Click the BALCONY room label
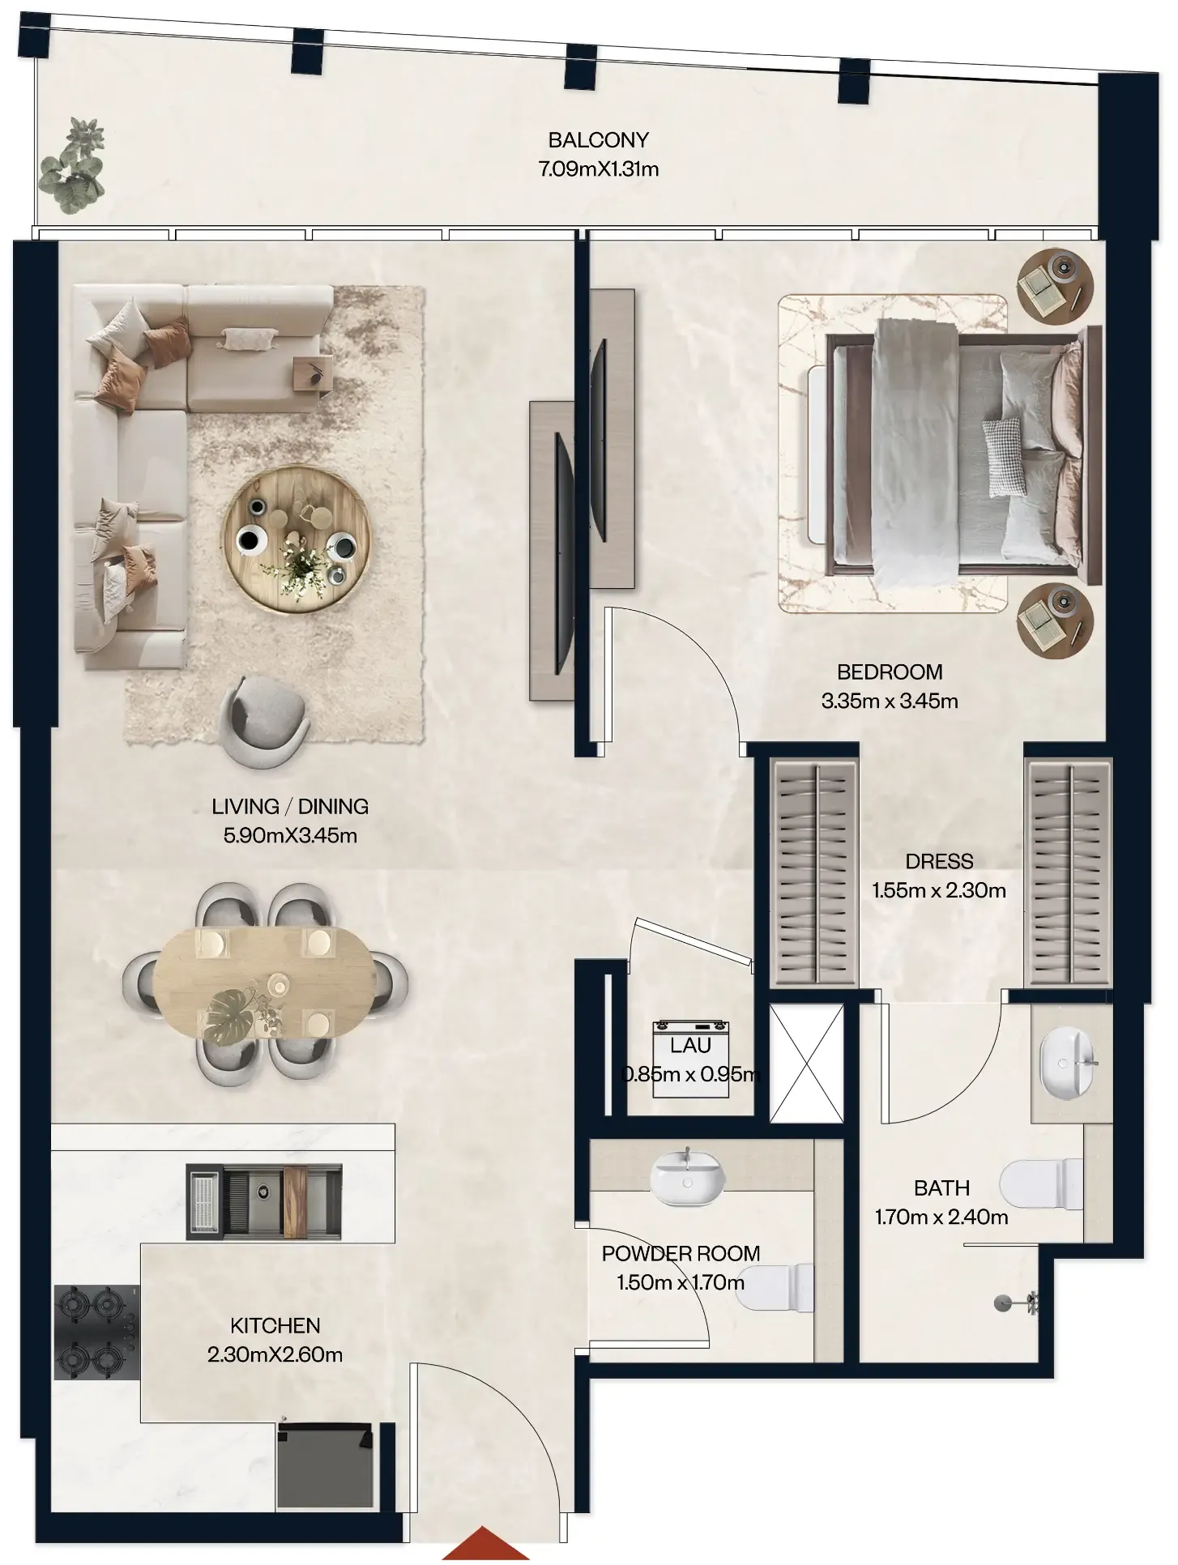click(598, 140)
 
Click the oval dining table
click(266, 982)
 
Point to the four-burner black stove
click(96, 1332)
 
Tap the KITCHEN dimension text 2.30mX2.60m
click(275, 1354)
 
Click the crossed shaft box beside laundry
click(806, 1063)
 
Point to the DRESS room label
click(939, 861)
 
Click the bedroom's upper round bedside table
click(1056, 285)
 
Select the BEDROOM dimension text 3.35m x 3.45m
click(890, 701)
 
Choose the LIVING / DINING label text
click(290, 806)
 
